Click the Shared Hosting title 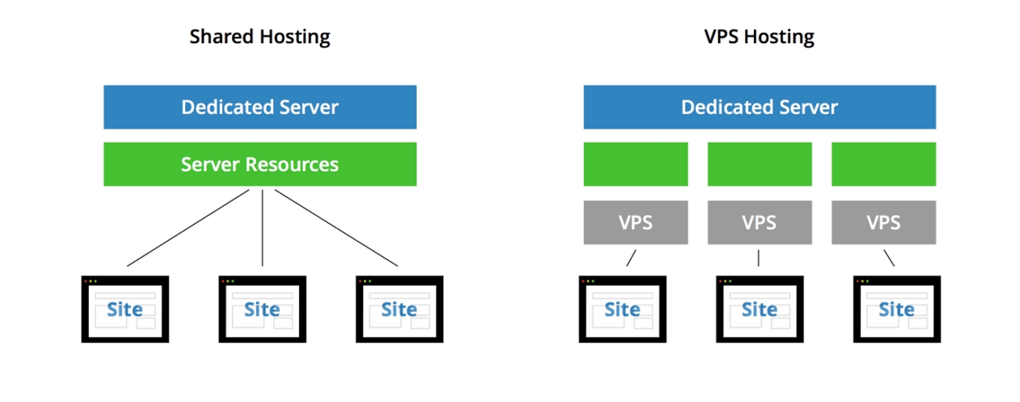tap(260, 37)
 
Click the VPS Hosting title tap(760, 37)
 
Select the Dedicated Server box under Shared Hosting tap(260, 107)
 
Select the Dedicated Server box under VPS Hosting tap(760, 107)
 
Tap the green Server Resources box tap(260, 164)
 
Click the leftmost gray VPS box tap(636, 222)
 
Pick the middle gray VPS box tap(760, 222)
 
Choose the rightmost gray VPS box tap(883, 222)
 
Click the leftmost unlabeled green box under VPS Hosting tap(636, 164)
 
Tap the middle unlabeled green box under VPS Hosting tap(760, 164)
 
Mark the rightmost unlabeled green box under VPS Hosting tap(883, 164)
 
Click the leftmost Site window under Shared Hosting tap(126, 309)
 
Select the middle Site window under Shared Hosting tap(262, 309)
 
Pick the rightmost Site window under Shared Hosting tap(399, 309)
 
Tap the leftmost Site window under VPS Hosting tap(622, 309)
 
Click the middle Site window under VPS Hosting tap(760, 309)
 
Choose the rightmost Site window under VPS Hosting tap(896, 309)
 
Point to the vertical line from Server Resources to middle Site tap(262, 228)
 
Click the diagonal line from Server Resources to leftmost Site tap(188, 228)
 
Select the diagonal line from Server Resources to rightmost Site tap(336, 228)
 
